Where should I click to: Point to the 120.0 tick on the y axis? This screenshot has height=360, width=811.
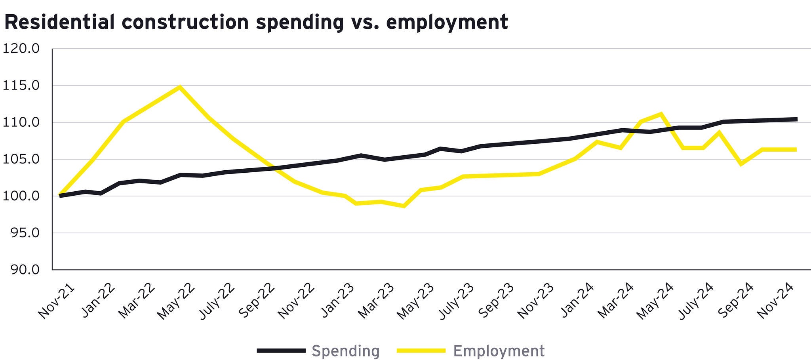point(21,49)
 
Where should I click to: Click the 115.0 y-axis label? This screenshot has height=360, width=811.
point(21,86)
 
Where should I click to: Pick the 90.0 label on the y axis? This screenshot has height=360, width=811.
point(21,270)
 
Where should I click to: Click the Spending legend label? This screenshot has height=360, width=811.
point(345,351)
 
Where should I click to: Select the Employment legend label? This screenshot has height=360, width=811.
point(499,351)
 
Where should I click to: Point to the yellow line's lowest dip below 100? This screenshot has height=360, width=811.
point(404,206)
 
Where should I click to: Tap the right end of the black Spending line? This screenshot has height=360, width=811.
point(796,119)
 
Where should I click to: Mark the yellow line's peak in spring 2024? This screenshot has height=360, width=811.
point(660,114)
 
